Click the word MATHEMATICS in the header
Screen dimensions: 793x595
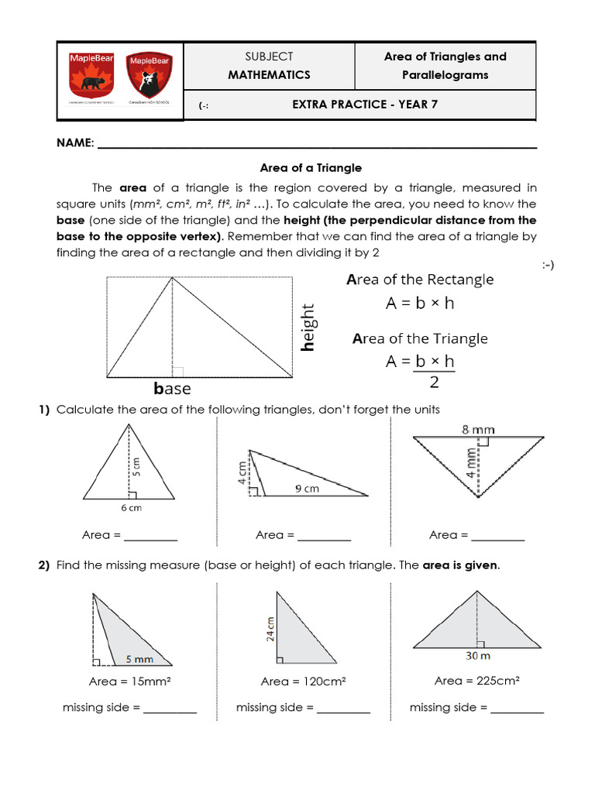[269, 75]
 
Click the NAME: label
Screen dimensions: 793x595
[75, 144]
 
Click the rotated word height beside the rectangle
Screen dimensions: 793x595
[308, 328]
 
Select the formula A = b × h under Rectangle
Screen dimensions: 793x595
[420, 304]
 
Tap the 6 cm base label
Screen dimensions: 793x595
[130, 508]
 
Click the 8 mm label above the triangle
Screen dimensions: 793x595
[479, 429]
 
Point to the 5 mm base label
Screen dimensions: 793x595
[139, 659]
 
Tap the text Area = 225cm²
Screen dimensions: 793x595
[476, 681]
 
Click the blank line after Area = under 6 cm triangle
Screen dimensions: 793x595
[151, 537]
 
